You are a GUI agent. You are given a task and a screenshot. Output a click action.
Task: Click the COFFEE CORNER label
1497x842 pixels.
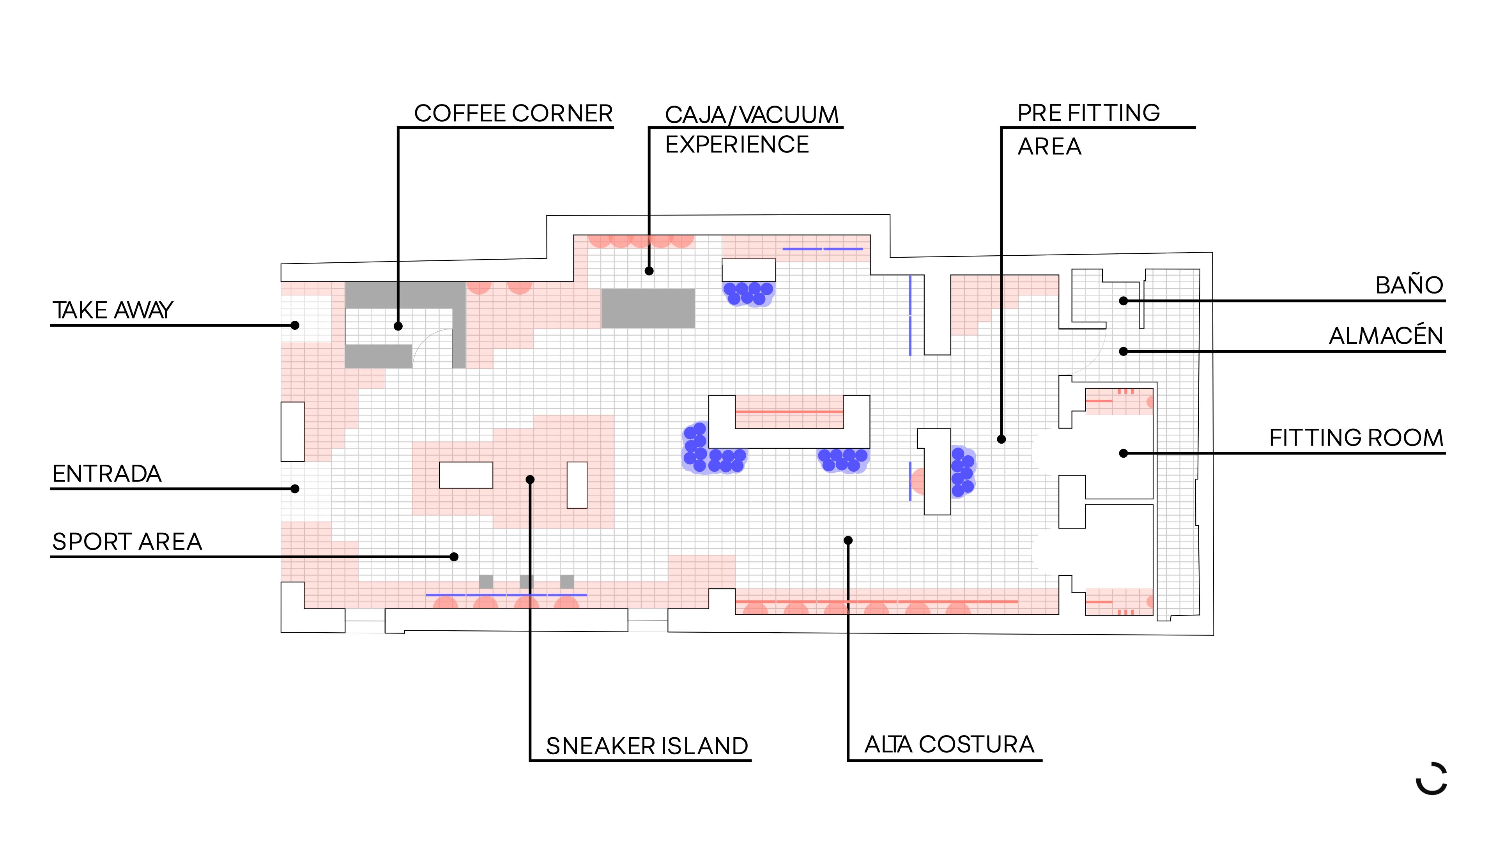513,113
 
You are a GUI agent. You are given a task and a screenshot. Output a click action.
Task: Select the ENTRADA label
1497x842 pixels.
107,474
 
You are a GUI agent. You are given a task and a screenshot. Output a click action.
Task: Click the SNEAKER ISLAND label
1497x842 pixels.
647,746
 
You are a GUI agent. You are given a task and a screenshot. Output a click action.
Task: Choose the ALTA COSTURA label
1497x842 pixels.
950,745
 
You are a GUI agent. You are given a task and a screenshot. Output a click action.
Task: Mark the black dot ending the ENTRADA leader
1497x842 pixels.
295,489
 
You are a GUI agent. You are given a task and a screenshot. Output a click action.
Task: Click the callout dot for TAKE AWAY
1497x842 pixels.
295,325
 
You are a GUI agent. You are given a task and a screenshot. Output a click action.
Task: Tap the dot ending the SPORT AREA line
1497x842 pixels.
455,557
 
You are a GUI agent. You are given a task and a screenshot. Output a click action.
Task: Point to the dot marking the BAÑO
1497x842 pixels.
1123,301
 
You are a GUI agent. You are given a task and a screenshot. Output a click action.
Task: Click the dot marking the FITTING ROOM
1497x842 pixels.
1123,453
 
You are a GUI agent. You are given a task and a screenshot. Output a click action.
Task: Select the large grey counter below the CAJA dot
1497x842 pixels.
648,308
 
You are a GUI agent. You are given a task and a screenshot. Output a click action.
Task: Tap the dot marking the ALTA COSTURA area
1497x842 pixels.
848,540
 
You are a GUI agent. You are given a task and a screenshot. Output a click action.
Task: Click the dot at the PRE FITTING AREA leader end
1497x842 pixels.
1001,439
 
